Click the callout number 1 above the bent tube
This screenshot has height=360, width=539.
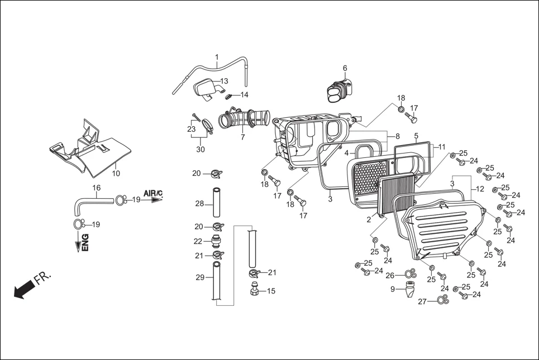[x=217, y=57]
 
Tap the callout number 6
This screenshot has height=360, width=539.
[x=345, y=68]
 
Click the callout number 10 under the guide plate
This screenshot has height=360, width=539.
[x=116, y=173]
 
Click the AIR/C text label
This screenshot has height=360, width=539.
[x=152, y=193]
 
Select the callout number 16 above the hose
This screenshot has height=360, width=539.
[x=96, y=188]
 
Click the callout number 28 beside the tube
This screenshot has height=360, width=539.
[x=199, y=204]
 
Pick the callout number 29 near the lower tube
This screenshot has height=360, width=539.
[x=199, y=277]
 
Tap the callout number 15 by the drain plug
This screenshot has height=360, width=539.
[x=271, y=291]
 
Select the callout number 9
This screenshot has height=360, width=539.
[x=393, y=289]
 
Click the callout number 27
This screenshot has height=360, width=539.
[x=422, y=301]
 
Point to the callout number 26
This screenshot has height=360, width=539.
[x=390, y=275]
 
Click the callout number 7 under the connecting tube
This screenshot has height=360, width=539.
[x=242, y=137]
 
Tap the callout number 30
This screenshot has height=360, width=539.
[x=200, y=150]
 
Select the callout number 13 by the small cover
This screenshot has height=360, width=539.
[x=224, y=81]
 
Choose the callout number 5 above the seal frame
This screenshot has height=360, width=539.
[x=416, y=136]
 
